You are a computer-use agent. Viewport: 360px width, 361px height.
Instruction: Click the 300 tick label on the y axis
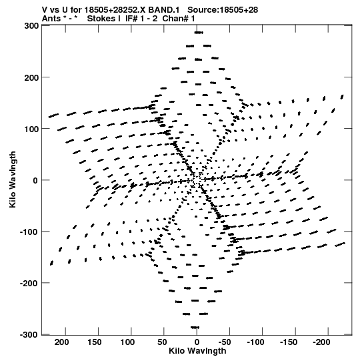(x=31, y=26)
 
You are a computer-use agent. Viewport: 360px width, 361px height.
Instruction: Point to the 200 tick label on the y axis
(x=31, y=78)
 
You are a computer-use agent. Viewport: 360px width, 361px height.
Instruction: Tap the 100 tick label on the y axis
(x=31, y=129)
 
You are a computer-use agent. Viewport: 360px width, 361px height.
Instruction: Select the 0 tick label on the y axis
(x=35, y=181)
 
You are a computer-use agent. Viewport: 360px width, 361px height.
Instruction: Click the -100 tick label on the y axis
(x=29, y=232)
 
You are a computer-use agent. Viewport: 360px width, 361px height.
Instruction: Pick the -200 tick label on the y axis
(x=29, y=284)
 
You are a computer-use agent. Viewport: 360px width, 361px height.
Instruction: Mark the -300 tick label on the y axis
(x=29, y=335)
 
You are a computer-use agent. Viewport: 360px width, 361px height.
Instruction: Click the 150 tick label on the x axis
(x=95, y=342)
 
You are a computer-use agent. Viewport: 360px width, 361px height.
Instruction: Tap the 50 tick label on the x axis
(x=162, y=342)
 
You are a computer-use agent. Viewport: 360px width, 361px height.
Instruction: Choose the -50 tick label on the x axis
(x=225, y=342)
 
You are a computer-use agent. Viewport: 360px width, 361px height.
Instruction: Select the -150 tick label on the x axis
(x=289, y=342)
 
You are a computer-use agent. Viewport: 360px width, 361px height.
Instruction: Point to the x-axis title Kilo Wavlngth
(x=197, y=351)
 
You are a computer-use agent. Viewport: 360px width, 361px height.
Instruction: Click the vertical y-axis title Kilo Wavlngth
(x=13, y=179)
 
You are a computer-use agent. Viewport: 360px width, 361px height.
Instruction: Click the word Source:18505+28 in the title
(x=223, y=10)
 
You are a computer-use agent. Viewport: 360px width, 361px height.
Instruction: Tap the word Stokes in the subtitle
(x=103, y=19)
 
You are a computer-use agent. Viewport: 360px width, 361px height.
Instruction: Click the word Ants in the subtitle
(x=51, y=19)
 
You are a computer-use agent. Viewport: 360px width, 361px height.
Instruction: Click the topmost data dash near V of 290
(x=199, y=33)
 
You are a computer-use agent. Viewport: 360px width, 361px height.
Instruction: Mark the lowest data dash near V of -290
(x=195, y=328)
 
